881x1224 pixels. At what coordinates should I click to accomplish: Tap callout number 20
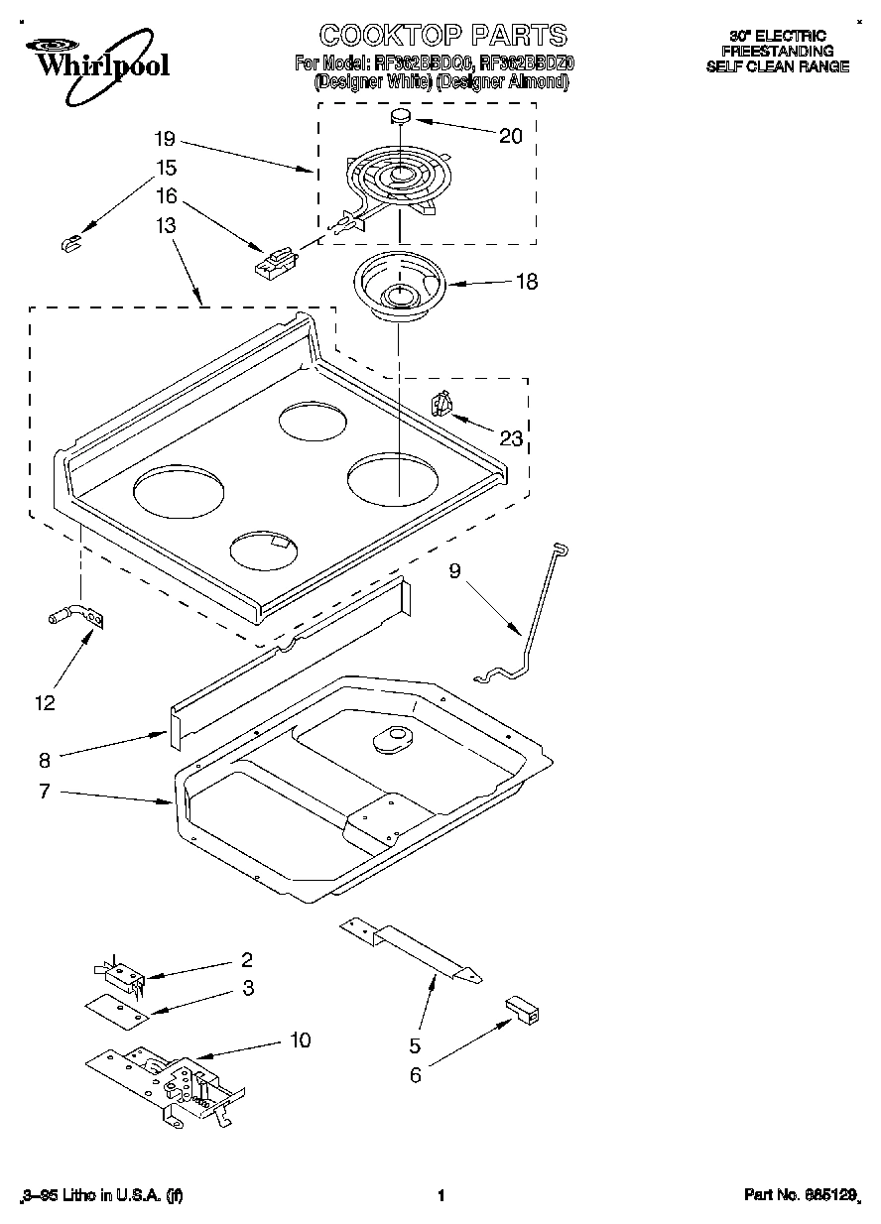pyautogui.click(x=510, y=137)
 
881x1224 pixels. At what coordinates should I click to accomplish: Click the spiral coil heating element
pyautogui.click(x=397, y=180)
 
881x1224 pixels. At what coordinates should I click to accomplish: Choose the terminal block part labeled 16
pyautogui.click(x=276, y=263)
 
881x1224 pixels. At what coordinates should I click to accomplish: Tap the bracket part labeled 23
pyautogui.click(x=441, y=405)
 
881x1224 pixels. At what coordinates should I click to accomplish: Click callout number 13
pyautogui.click(x=166, y=226)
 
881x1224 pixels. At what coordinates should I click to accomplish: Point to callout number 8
pyautogui.click(x=44, y=761)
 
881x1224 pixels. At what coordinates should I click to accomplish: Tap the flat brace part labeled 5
pyautogui.click(x=411, y=950)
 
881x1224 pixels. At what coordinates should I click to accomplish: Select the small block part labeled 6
pyautogui.click(x=524, y=1010)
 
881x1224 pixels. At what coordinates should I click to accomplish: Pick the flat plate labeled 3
pyautogui.click(x=116, y=1008)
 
